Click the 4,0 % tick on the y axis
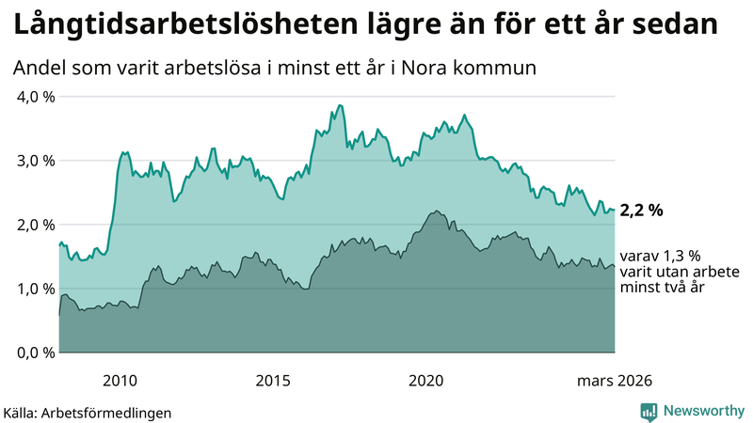pos(34,97)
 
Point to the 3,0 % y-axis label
pos(34,161)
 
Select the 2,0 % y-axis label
pos(34,225)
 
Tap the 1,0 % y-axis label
pos(34,289)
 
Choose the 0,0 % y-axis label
pos(34,352)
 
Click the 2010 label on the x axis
pos(120,380)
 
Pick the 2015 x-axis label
pos(273,380)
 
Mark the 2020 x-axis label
pos(426,380)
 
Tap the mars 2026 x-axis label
pos(613,380)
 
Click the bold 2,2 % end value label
pos(641,211)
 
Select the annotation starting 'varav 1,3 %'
pos(663,272)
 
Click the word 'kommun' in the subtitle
pos(503,69)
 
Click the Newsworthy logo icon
pos(649,411)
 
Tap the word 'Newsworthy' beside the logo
pos(703,411)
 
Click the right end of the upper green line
pos(615,210)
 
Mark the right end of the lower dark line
pos(615,266)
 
